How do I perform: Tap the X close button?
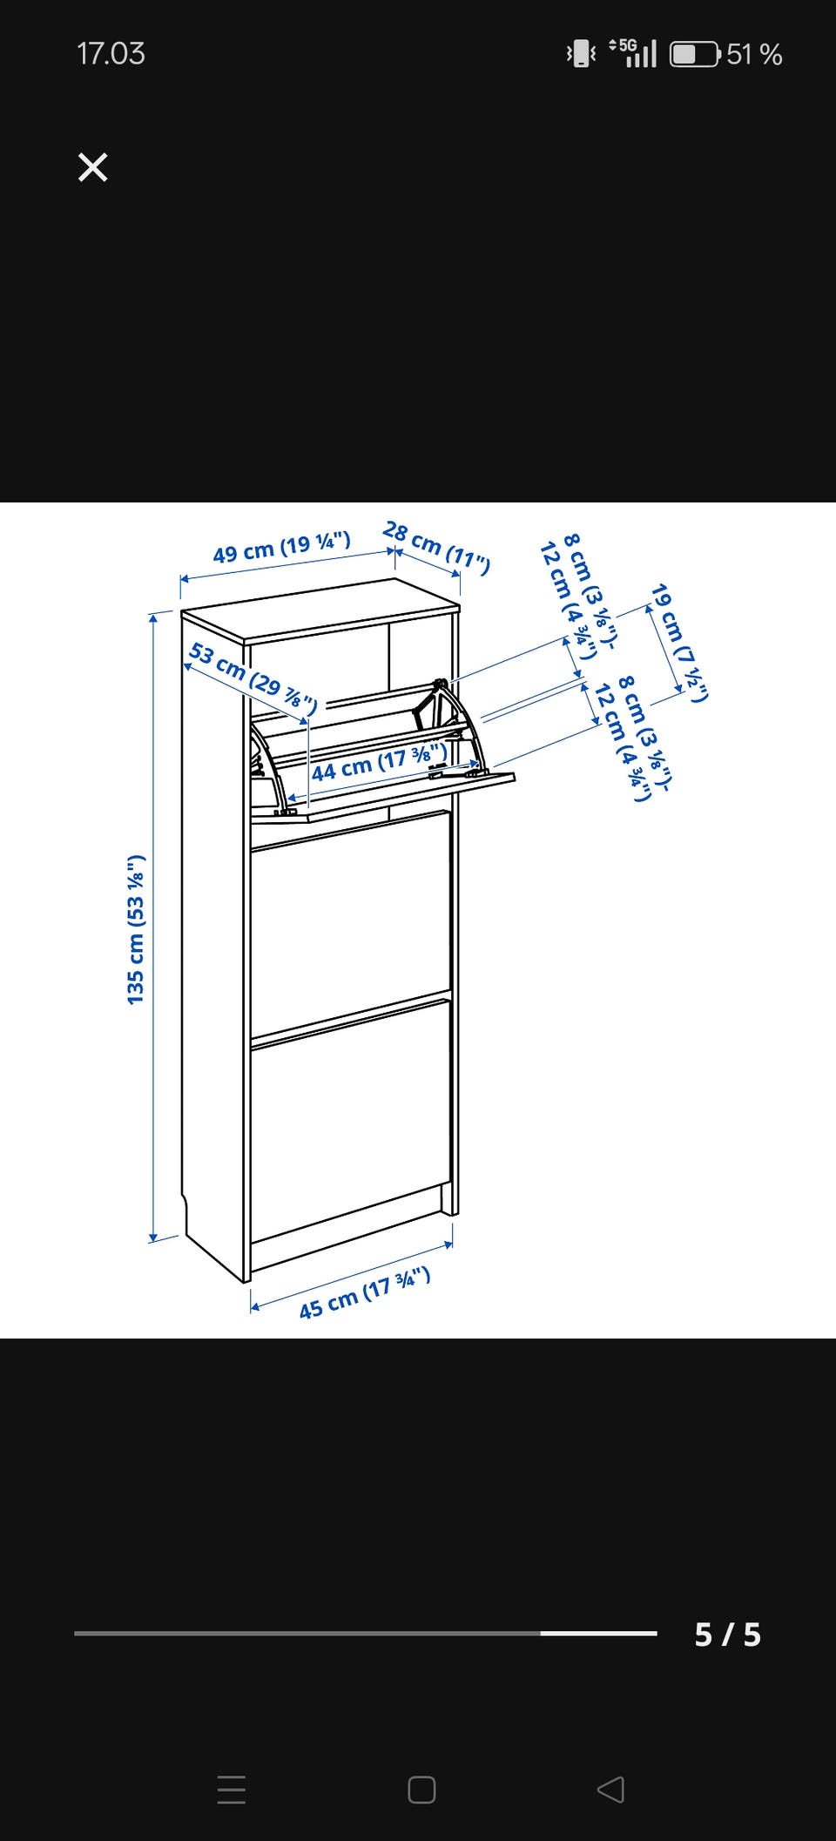click(92, 167)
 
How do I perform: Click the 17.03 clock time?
click(111, 54)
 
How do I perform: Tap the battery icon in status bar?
click(695, 54)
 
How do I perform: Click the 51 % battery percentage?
click(754, 54)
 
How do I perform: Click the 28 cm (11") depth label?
click(436, 548)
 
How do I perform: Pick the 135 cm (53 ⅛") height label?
click(136, 929)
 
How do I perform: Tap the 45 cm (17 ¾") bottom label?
click(365, 1293)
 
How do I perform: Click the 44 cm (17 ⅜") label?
click(380, 762)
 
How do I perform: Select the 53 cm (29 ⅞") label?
click(253, 678)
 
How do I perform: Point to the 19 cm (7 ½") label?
click(680, 643)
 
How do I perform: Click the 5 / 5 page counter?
click(728, 1635)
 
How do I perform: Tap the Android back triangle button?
click(610, 1790)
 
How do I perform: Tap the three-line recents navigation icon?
click(232, 1790)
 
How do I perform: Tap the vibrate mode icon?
click(581, 54)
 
